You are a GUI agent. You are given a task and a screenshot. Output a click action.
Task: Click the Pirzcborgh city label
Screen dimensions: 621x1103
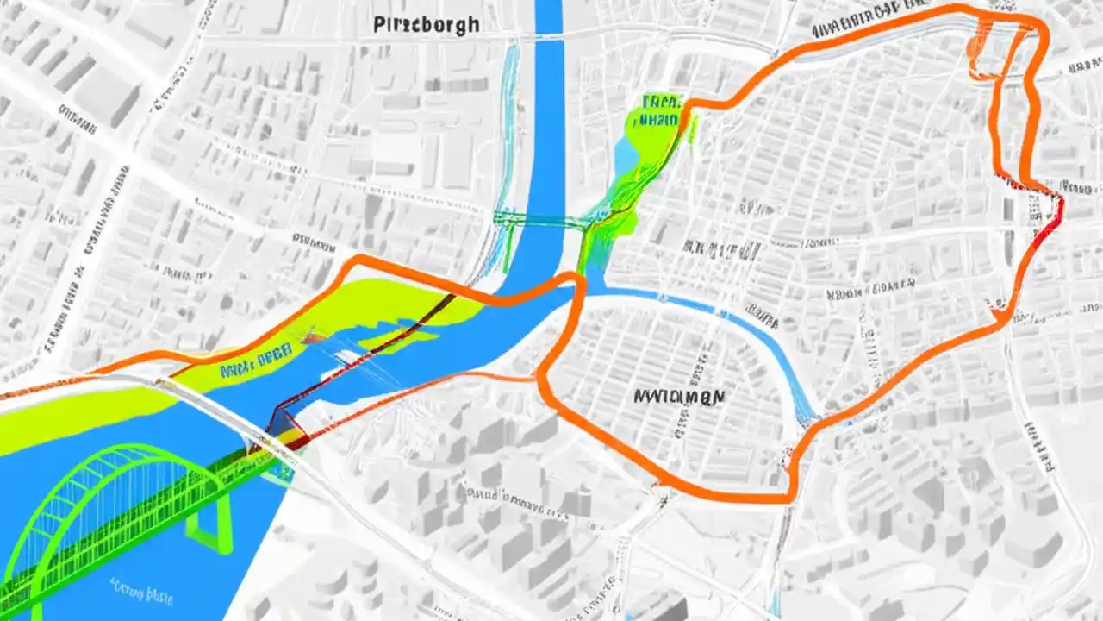pos(427,24)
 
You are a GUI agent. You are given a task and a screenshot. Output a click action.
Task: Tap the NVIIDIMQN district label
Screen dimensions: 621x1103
pos(679,396)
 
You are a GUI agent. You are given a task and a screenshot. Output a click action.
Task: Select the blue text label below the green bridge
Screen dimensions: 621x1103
pos(143,593)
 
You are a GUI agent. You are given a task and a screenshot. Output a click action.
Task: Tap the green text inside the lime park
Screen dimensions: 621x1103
pos(659,110)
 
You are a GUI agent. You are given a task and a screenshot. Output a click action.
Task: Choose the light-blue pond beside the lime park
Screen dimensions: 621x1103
pos(624,156)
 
